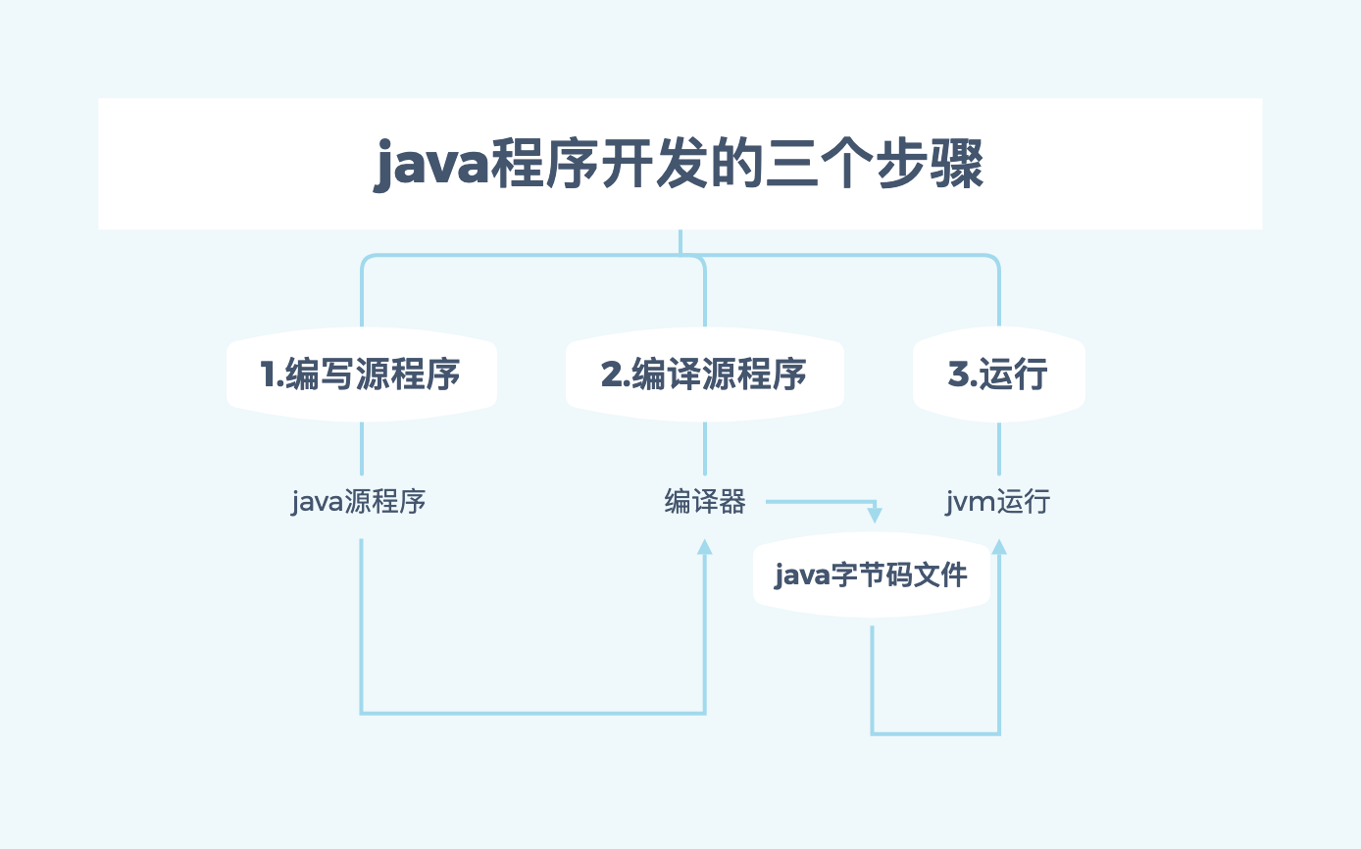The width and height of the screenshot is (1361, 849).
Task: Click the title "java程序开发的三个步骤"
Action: coord(680,165)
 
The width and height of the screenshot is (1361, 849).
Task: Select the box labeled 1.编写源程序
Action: coord(362,375)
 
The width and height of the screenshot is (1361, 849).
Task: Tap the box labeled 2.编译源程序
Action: coord(704,375)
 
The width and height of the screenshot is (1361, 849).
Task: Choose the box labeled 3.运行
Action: coord(998,375)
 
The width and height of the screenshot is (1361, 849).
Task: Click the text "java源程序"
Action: coord(359,503)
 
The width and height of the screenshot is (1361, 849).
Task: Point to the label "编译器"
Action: coord(705,503)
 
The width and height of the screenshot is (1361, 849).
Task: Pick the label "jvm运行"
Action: coord(998,503)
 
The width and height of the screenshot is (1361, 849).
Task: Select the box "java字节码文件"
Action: coord(872,574)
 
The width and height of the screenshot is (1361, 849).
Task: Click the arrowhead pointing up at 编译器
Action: coord(704,546)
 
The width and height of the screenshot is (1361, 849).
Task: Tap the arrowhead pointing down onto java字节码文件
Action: coord(875,515)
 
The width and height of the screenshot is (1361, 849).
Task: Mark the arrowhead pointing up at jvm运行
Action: coord(999,545)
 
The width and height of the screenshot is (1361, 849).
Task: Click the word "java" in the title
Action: coord(431,167)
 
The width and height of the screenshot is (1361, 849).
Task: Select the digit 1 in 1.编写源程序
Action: coord(268,375)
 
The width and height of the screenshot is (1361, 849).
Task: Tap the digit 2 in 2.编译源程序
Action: coord(611,375)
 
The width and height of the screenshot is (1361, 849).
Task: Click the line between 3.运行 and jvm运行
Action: coord(999,449)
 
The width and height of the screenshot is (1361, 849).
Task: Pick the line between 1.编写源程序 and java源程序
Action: coord(362,449)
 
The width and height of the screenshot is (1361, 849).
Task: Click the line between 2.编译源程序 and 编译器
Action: coord(704,449)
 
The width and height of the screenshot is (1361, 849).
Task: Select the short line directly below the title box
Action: coord(680,241)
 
